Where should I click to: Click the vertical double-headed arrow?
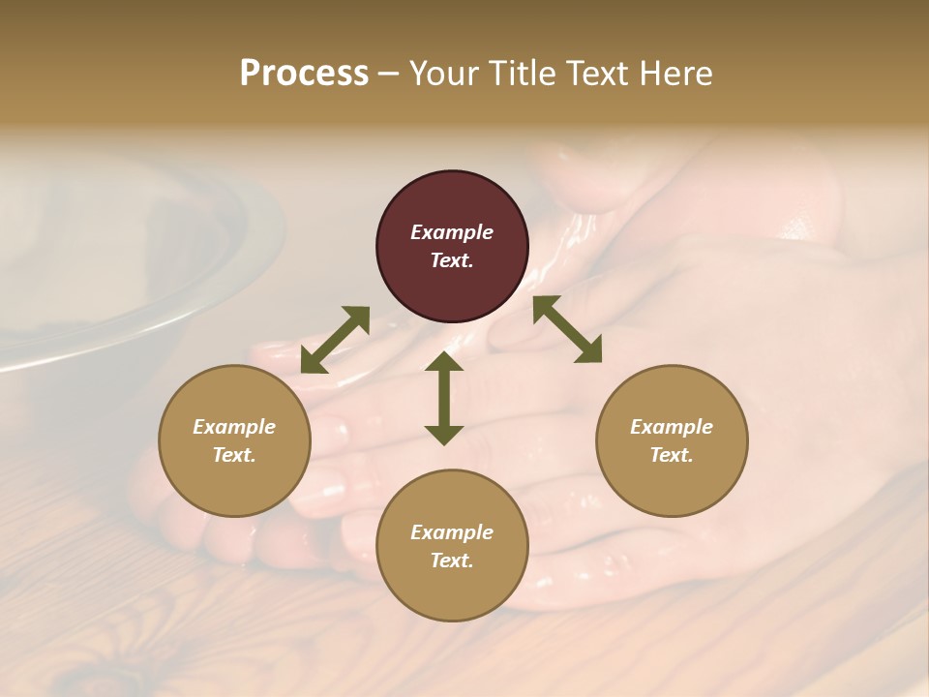[x=444, y=398]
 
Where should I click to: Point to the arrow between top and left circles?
[x=335, y=340]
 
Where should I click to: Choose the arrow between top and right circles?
[x=567, y=329]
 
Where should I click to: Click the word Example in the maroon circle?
[x=452, y=232]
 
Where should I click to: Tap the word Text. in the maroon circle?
[x=452, y=260]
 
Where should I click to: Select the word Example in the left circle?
[x=234, y=427]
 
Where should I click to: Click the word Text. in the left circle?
[x=234, y=455]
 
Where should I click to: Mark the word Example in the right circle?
[x=672, y=427]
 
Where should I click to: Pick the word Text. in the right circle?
[x=672, y=455]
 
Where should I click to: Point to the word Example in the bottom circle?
[x=452, y=532]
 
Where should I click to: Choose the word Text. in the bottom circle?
[x=452, y=561]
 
